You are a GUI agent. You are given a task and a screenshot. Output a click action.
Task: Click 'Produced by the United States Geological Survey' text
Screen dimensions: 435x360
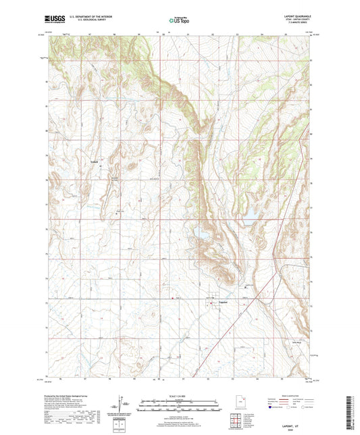pyautogui.click(x=72, y=396)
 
